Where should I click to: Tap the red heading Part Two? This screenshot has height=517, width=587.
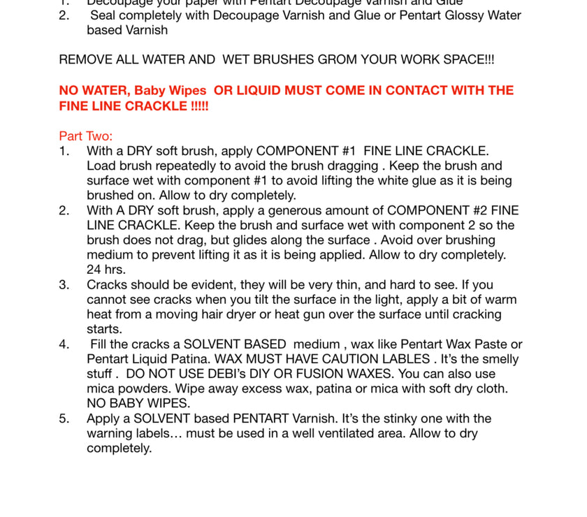coord(85,136)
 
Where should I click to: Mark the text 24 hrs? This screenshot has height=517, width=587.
coord(106,270)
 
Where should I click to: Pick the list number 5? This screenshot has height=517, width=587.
coord(64,418)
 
